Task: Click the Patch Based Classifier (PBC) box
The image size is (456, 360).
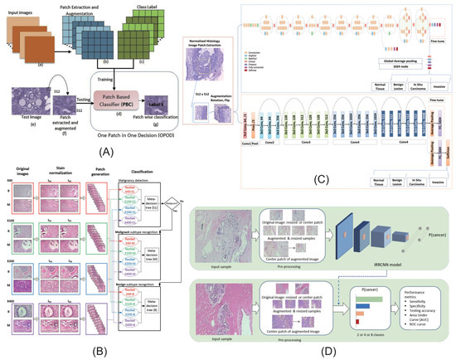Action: [120, 98]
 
